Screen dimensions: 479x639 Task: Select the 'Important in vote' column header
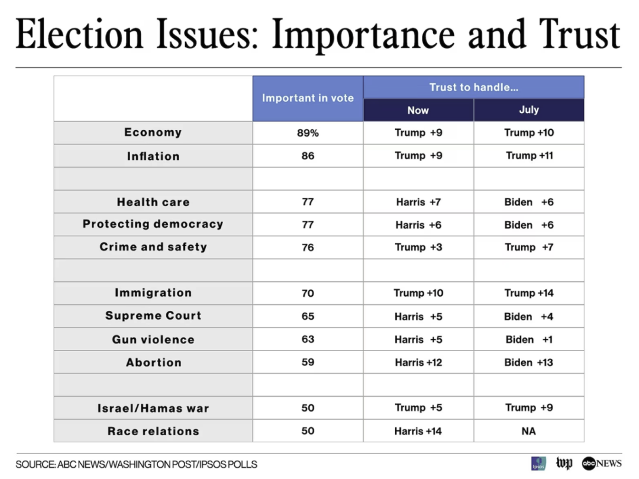point(308,98)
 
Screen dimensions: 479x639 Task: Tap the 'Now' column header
point(418,110)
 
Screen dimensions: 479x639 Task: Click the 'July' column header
point(528,110)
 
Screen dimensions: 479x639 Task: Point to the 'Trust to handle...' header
point(473,87)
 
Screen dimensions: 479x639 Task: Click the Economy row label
point(153,133)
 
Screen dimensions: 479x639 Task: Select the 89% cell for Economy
point(308,133)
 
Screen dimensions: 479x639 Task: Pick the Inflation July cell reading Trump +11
point(529,156)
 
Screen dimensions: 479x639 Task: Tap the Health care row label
point(153,202)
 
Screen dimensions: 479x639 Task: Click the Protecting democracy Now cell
point(418,225)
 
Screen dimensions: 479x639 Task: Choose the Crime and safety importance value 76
point(308,247)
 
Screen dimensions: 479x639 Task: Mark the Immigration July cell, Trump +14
point(529,293)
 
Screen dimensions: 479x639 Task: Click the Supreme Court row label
point(153,316)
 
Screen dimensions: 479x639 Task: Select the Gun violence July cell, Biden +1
point(529,339)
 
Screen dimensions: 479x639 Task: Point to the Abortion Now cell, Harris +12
point(418,362)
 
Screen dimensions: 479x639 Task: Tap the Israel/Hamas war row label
point(153,409)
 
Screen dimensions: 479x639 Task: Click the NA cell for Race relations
point(529,431)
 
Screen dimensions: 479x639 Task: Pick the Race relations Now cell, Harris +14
point(418,431)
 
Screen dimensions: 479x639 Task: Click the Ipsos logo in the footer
point(538,463)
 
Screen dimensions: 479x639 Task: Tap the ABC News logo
point(601,463)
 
